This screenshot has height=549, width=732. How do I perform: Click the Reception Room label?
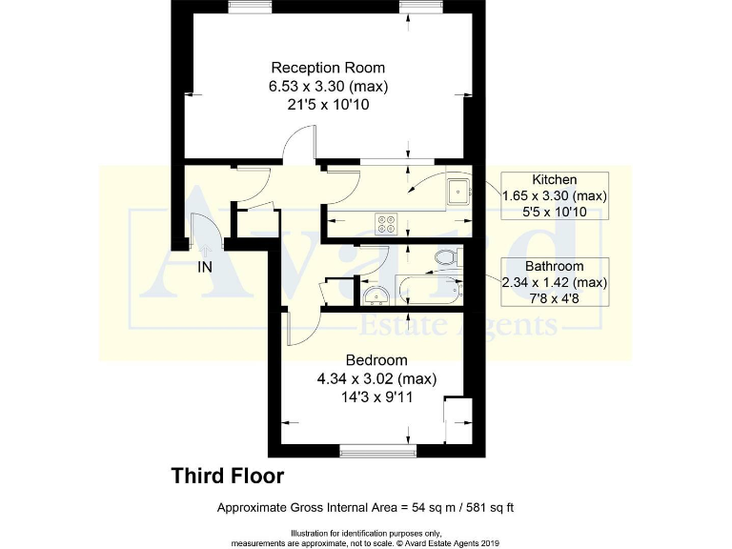(x=328, y=68)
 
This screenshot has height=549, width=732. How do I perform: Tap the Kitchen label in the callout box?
(x=554, y=179)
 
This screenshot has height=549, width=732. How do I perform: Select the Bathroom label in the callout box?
(x=554, y=266)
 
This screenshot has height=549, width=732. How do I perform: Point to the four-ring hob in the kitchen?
(x=386, y=222)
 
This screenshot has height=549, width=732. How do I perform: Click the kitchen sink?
(x=459, y=192)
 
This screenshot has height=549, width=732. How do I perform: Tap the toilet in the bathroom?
(x=445, y=257)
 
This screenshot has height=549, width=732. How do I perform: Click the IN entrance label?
(x=204, y=268)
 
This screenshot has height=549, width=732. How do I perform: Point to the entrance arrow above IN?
(x=201, y=246)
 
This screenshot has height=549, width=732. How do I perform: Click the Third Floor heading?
(x=227, y=475)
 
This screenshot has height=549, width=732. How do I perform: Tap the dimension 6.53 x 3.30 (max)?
(x=328, y=86)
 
